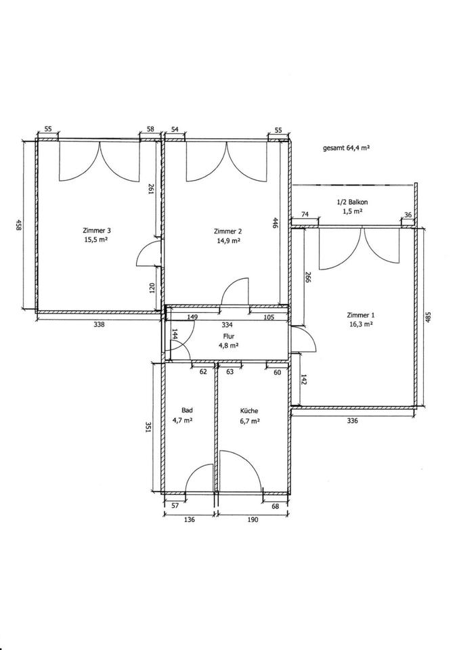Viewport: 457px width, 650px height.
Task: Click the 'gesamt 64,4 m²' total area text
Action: tap(346, 148)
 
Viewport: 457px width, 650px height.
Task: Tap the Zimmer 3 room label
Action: tap(97, 230)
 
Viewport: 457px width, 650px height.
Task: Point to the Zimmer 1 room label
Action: tap(360, 315)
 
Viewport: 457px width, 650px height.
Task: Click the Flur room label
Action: tap(229, 337)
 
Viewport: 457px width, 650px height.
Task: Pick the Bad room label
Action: tap(187, 410)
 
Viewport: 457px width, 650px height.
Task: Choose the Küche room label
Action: tap(249, 411)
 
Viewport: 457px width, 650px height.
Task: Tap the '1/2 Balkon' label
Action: tap(352, 202)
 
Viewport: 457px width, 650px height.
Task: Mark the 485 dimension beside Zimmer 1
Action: tap(429, 318)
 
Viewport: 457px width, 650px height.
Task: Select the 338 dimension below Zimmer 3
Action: tap(100, 324)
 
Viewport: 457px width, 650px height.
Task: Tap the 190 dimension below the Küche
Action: tap(253, 519)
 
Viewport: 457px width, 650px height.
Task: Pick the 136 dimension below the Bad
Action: tap(189, 519)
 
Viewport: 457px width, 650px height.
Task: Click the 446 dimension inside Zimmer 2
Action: tap(276, 223)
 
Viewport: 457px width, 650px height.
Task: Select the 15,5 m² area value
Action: tap(97, 240)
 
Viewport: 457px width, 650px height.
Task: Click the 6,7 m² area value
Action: tap(251, 420)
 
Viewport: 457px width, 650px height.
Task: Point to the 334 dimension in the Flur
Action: tap(227, 324)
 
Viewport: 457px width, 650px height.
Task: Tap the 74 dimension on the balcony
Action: tap(305, 215)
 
